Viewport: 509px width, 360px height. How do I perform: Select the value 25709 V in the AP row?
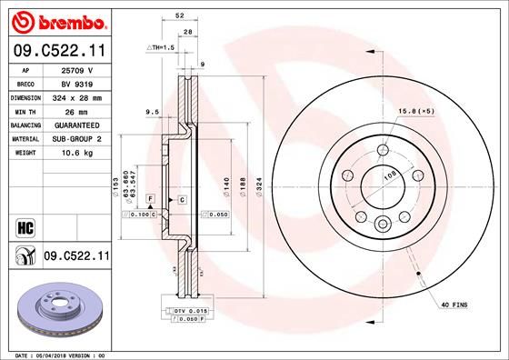(x=77, y=69)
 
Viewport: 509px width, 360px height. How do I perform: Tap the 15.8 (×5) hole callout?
(x=413, y=112)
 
